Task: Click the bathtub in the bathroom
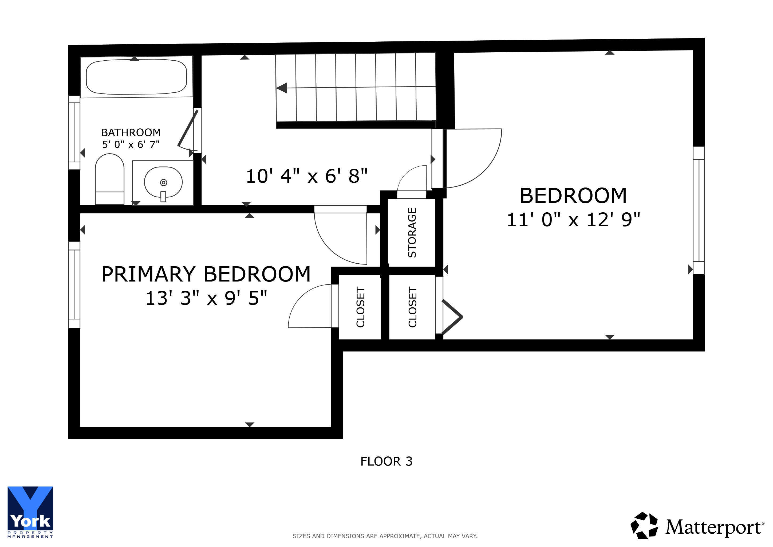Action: click(x=136, y=77)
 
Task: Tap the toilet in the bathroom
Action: click(x=110, y=179)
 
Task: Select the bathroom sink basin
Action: click(x=163, y=182)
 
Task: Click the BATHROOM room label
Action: click(x=131, y=132)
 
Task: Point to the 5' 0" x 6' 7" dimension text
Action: click(x=131, y=144)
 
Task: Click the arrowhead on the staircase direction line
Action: click(x=282, y=88)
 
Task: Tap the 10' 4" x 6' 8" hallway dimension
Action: click(x=307, y=176)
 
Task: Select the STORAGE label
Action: click(x=412, y=233)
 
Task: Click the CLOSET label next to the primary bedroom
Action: click(x=361, y=307)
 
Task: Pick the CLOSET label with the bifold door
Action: click(x=412, y=307)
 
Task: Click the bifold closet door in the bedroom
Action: click(x=452, y=317)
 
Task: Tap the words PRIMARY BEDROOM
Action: click(x=206, y=274)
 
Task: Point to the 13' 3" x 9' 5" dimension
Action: click(x=206, y=298)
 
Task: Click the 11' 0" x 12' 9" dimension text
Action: click(x=573, y=220)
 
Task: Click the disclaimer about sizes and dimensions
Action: click(x=385, y=536)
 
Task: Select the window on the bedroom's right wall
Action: click(x=699, y=210)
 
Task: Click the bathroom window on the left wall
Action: click(x=74, y=132)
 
